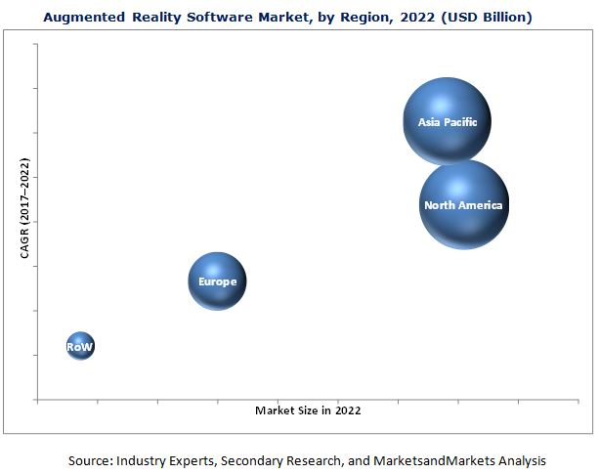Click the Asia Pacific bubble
[x=447, y=121]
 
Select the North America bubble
[x=463, y=204]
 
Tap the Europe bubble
[x=217, y=281]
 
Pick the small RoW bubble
[x=80, y=346]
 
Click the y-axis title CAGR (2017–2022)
[x=25, y=211]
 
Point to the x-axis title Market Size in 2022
[x=308, y=410]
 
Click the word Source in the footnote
[x=89, y=460]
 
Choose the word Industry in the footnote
[x=143, y=460]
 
